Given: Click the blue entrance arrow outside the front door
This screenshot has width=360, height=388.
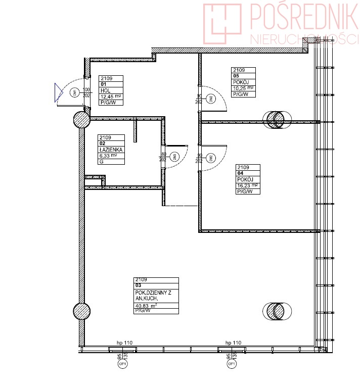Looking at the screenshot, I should (58, 92).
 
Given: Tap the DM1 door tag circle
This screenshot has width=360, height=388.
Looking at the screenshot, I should (74, 92).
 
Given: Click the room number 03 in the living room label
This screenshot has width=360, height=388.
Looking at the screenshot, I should (138, 285).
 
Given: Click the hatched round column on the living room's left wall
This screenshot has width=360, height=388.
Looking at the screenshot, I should (82, 312).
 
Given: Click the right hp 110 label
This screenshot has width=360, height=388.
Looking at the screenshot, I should (233, 343).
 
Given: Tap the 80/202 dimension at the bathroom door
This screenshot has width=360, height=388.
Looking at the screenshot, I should (163, 157).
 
